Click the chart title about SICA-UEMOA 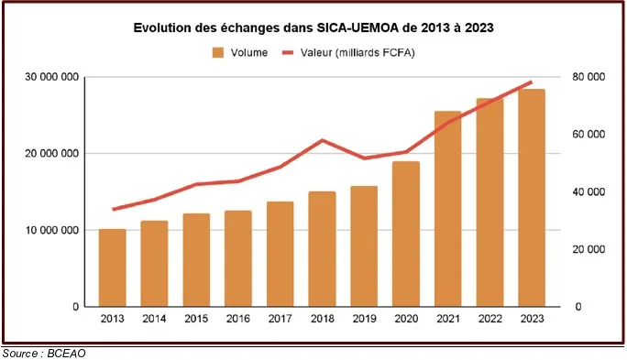click(313, 28)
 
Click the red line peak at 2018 click(322, 140)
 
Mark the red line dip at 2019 click(364, 158)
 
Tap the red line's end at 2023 click(532, 82)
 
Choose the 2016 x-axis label click(238, 319)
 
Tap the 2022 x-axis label click(489, 319)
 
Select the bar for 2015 click(196, 260)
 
